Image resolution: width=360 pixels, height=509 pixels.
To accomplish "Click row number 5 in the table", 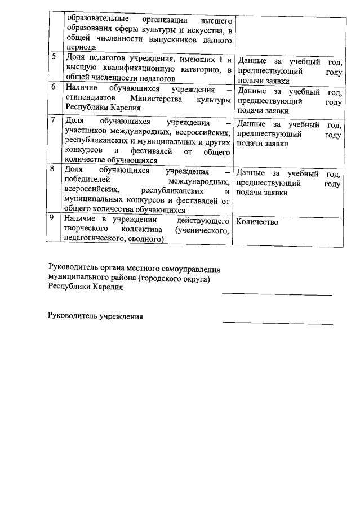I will click(x=54, y=56).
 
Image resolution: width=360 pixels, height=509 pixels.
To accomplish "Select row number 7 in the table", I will click(x=54, y=120).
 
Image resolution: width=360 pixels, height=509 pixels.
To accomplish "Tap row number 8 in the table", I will click(x=54, y=168).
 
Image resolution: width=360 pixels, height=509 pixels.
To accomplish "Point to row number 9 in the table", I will click(x=54, y=218).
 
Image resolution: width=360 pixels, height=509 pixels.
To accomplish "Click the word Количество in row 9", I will click(x=257, y=222).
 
